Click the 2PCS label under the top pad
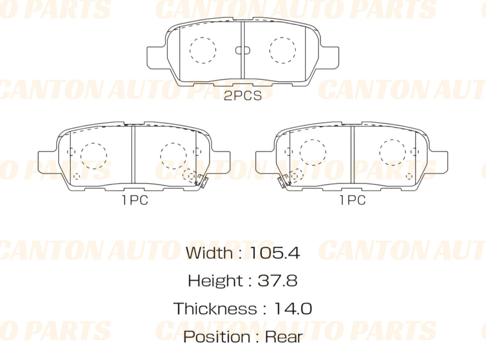[x=243, y=96]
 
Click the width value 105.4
[x=274, y=253]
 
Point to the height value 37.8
[x=278, y=281]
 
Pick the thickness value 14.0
[x=293, y=309]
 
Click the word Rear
[x=284, y=337]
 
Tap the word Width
[x=209, y=253]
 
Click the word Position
[x=217, y=337]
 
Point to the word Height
[x=215, y=281]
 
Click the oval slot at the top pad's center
[x=243, y=50]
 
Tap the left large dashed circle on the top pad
[x=203, y=50]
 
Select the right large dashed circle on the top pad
[x=283, y=50]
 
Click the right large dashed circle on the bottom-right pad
[x=392, y=152]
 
